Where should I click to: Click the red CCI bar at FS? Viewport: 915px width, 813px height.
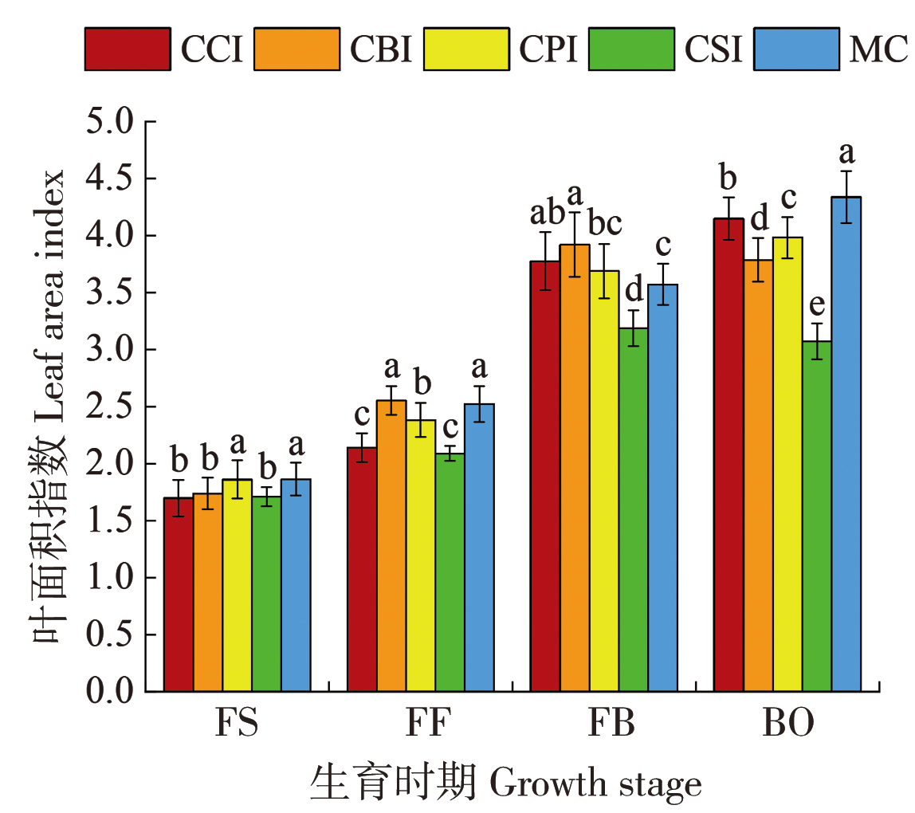pos(179,594)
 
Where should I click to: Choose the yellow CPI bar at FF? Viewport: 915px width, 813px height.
pos(421,555)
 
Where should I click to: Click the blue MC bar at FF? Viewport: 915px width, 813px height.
pos(480,547)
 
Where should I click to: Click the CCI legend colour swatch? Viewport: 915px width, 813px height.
pos(128,49)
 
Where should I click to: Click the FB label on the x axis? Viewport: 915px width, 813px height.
pos(611,725)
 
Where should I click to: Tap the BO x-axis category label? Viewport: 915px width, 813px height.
pos(789,725)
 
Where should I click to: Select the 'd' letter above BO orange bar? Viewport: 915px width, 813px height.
pos(759,217)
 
